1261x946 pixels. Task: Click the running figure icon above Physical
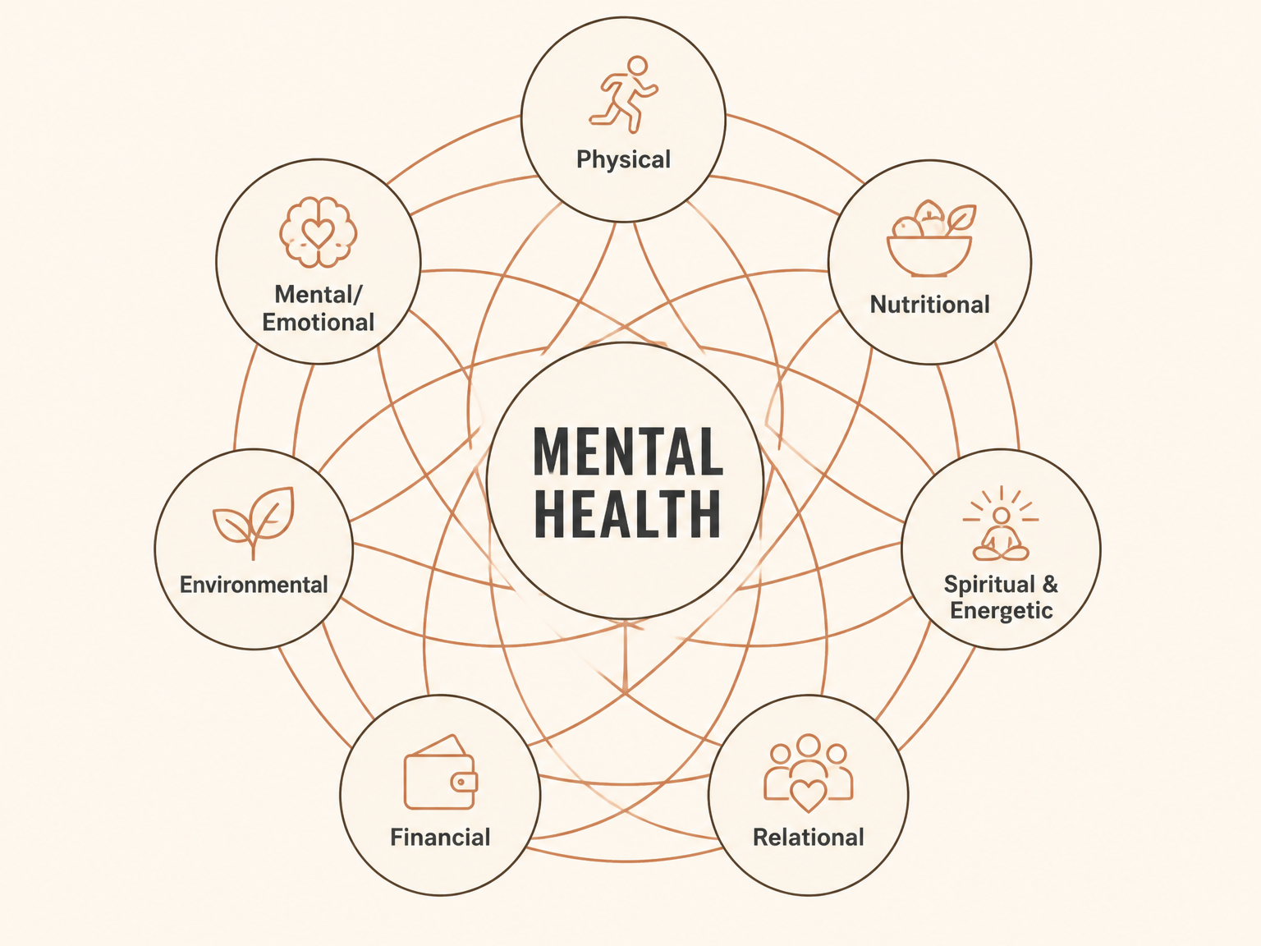click(x=623, y=94)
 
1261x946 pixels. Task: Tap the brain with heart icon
click(x=319, y=232)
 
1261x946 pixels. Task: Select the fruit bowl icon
click(x=931, y=238)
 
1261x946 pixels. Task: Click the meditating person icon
click(x=1001, y=523)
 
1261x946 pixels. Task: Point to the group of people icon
click(x=809, y=773)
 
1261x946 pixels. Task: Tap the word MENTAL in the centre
click(x=628, y=452)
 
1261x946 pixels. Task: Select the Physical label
click(x=623, y=159)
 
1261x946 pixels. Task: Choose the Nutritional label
click(x=929, y=305)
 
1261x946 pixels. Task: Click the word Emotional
click(x=319, y=322)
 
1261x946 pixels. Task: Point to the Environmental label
click(x=254, y=585)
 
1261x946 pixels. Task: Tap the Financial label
click(x=440, y=838)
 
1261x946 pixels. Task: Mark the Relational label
click(x=809, y=838)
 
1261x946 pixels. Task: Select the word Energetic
click(x=1002, y=611)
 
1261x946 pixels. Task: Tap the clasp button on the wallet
click(x=461, y=782)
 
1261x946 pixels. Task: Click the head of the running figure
click(x=637, y=66)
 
